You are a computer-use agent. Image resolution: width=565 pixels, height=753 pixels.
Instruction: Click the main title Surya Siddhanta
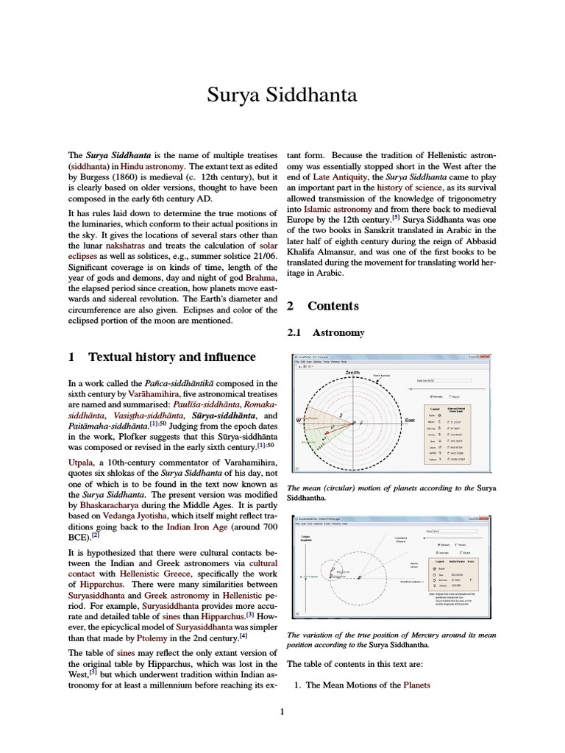click(282, 96)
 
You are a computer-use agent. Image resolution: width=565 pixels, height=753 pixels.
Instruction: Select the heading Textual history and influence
click(171, 357)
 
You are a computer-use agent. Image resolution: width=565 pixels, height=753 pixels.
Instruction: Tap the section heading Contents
click(333, 306)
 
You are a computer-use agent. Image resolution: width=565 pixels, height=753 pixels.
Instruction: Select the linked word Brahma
click(261, 278)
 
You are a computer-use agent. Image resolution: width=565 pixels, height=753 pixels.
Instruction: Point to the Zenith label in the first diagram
click(352, 374)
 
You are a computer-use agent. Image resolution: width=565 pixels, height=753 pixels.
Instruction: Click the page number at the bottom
click(282, 711)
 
